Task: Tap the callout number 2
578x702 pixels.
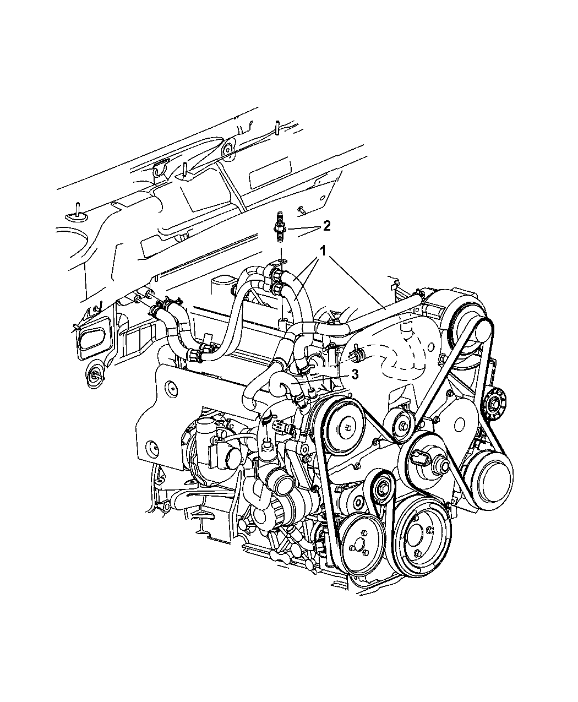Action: click(326, 226)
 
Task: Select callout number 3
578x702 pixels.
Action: click(355, 374)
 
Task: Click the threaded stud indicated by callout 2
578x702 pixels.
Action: click(279, 227)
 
